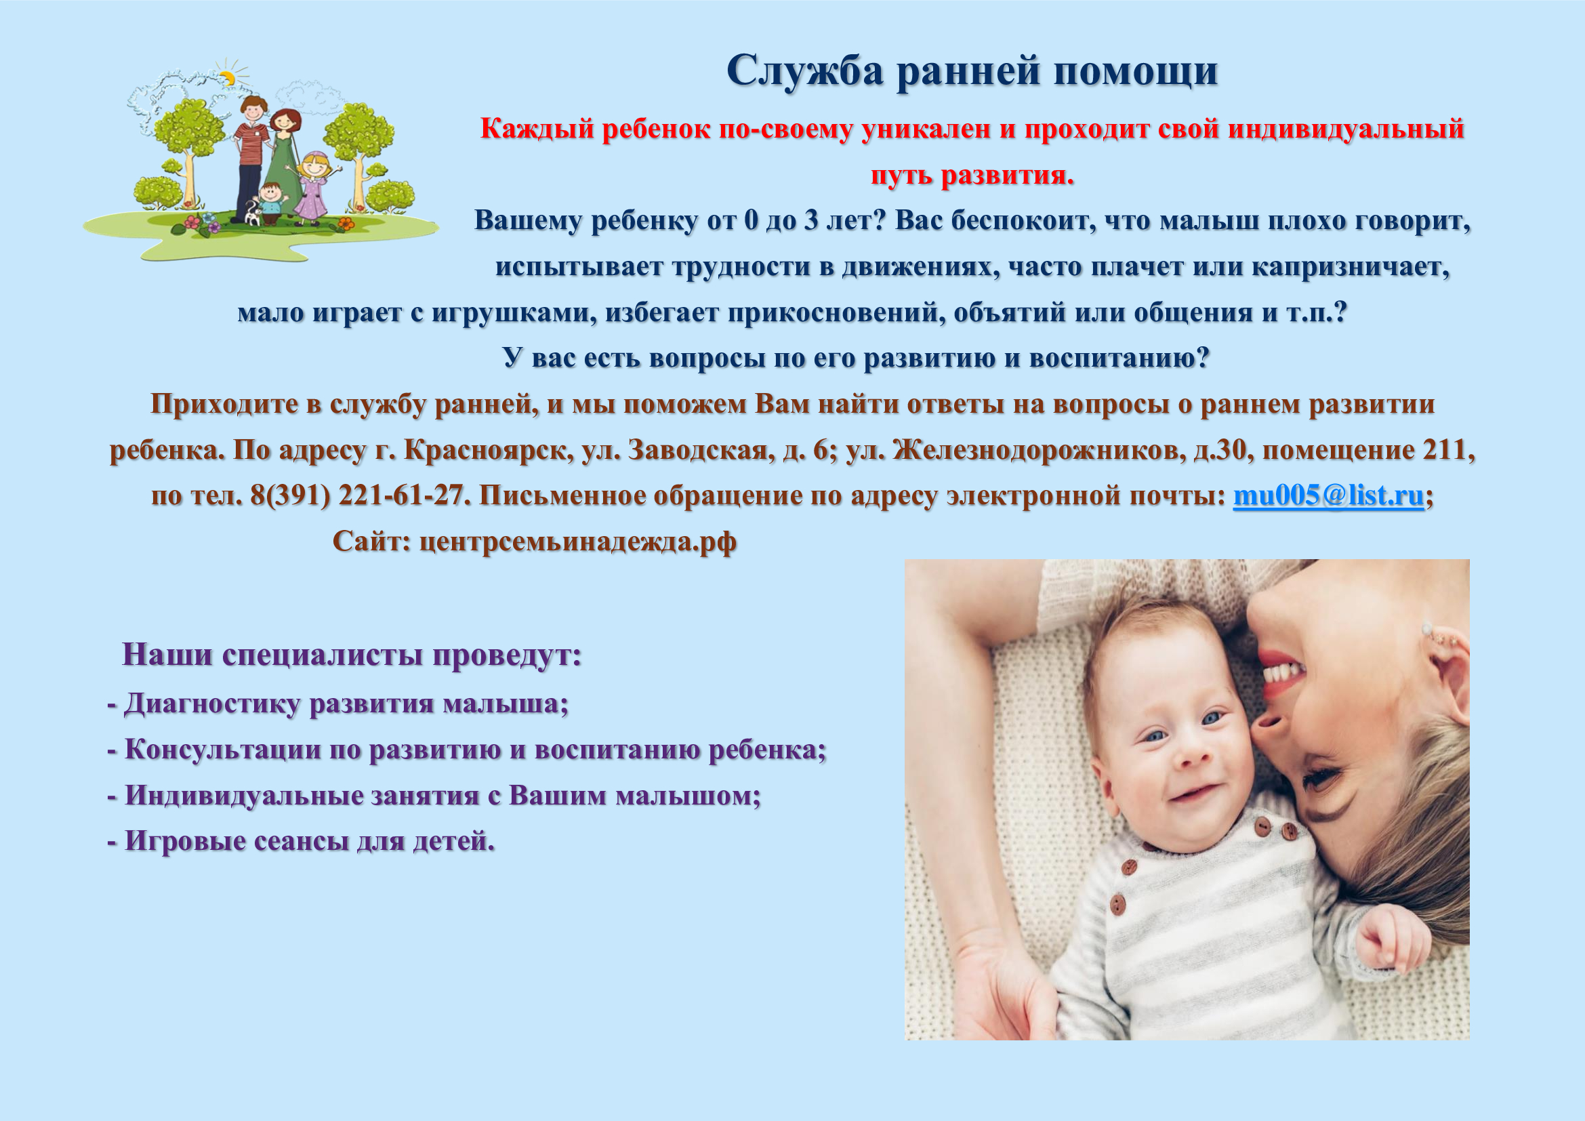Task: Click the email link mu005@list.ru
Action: tap(1328, 495)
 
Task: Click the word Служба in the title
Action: tap(805, 70)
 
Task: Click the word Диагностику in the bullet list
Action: tap(213, 705)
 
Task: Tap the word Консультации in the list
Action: tap(223, 750)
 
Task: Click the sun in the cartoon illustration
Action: tap(226, 77)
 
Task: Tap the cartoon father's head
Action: tap(253, 110)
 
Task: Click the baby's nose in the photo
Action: tap(1193, 753)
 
